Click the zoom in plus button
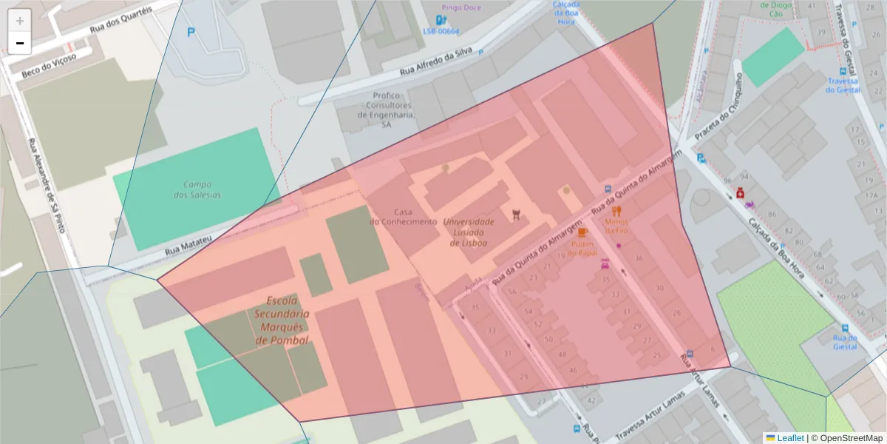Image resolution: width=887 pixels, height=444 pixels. [x=20, y=21]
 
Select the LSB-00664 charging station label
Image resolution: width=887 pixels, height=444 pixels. [x=441, y=31]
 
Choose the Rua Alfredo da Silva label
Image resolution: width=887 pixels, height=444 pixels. [x=436, y=64]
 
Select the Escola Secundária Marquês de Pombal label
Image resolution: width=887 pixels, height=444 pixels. [x=282, y=320]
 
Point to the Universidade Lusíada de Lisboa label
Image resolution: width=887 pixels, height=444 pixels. [x=468, y=232]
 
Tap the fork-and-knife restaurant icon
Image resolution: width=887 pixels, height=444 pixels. [x=616, y=210]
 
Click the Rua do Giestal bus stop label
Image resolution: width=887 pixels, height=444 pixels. [x=844, y=342]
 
